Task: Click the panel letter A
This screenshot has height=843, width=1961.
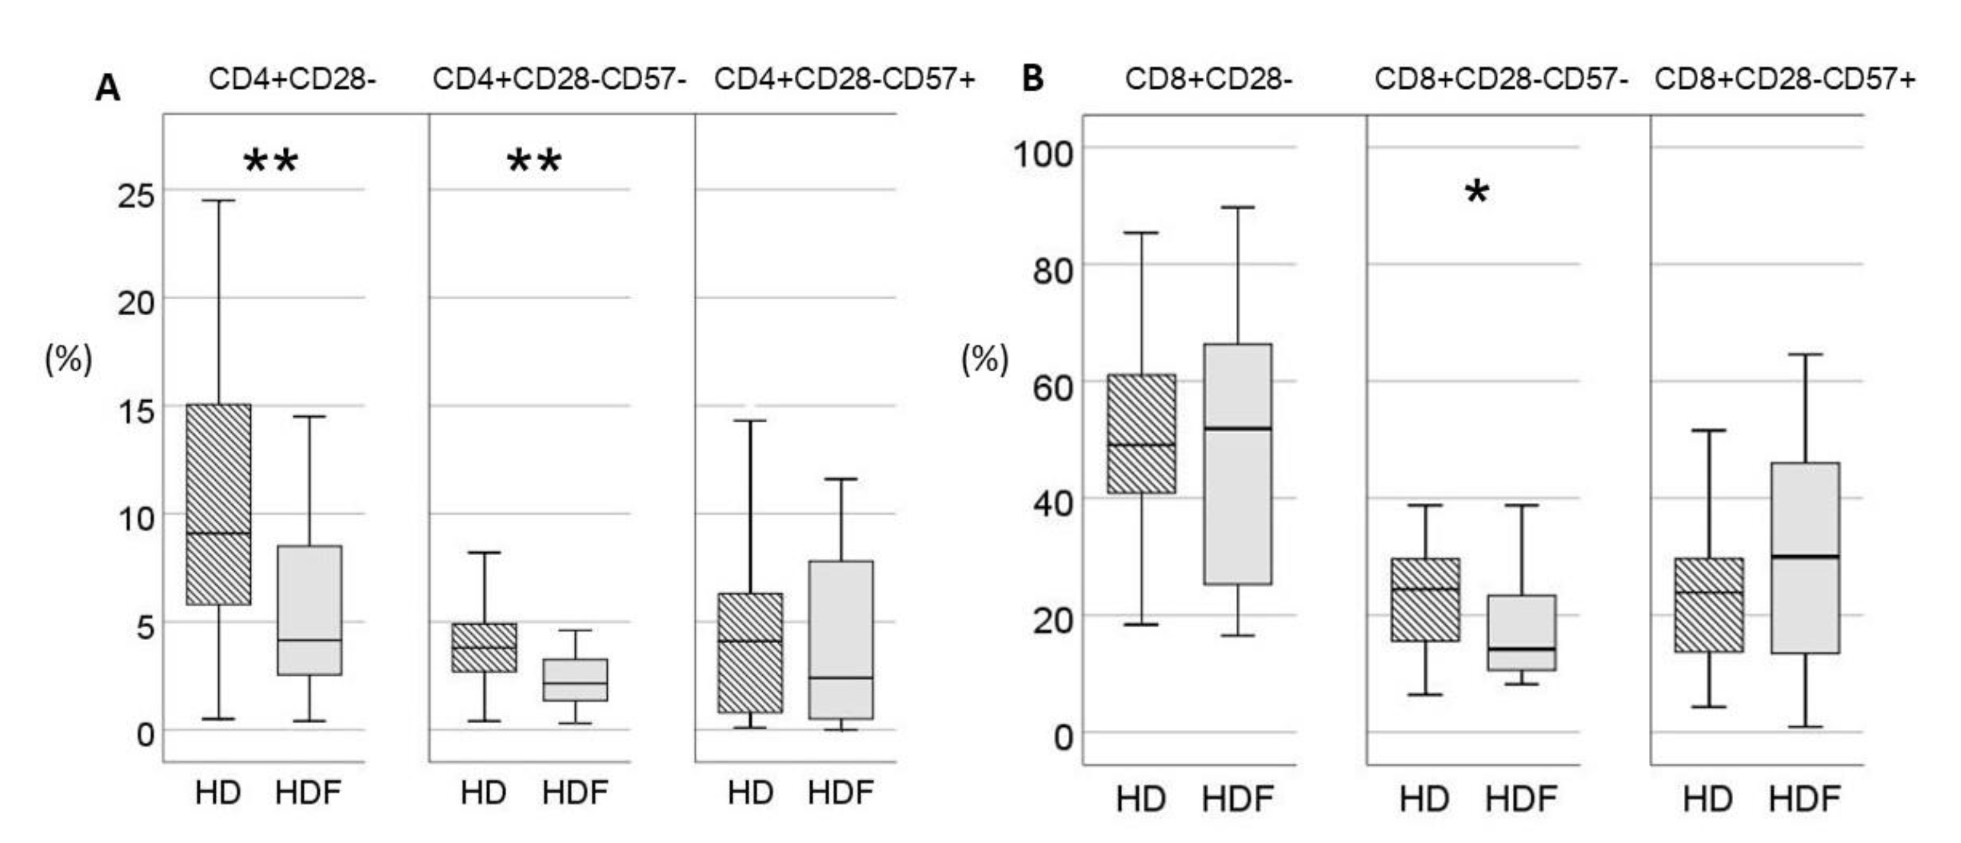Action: point(107,89)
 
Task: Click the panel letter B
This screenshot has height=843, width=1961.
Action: point(1032,78)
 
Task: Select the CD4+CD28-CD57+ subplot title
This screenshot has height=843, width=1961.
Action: point(845,79)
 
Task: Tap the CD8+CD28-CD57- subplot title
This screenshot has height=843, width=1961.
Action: point(1501,79)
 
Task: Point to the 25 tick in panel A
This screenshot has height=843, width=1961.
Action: point(135,195)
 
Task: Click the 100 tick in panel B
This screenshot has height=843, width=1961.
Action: point(1042,153)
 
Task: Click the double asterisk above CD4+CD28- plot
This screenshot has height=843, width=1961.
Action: point(271,161)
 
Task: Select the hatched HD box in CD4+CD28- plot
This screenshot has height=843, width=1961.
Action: point(218,504)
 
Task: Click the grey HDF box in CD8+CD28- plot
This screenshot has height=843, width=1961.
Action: point(1237,464)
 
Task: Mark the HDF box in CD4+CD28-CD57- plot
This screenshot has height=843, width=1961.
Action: point(576,680)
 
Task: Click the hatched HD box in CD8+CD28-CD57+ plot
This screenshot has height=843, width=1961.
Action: point(1709,605)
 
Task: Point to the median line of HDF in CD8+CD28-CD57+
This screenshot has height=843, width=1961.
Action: point(1805,556)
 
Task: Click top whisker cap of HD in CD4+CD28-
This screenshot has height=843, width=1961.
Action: point(218,201)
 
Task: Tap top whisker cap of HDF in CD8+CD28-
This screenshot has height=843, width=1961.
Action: point(1237,207)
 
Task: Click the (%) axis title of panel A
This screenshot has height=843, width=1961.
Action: point(68,359)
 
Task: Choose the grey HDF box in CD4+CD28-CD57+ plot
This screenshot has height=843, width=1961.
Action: point(841,639)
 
